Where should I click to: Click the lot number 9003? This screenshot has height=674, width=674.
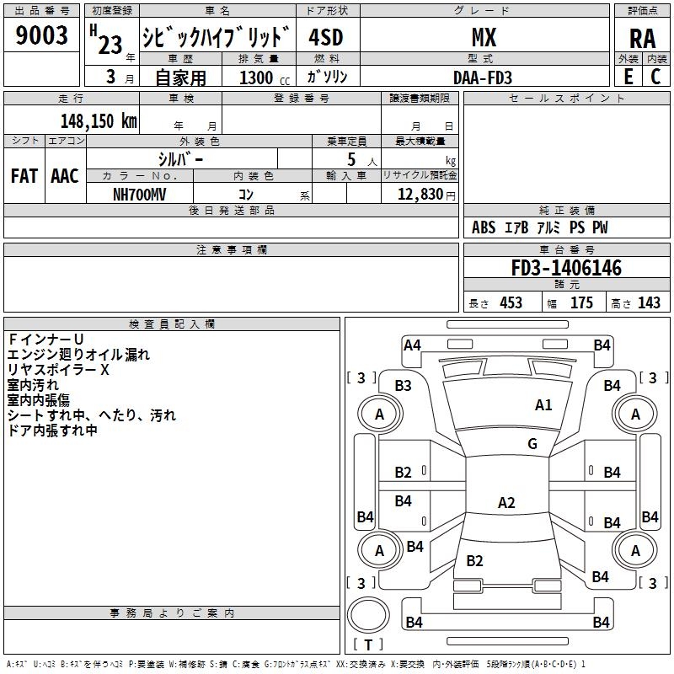click(42, 35)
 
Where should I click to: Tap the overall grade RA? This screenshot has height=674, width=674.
click(642, 38)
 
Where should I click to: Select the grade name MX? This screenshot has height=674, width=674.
click(484, 37)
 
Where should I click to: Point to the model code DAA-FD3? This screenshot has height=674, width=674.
click(483, 78)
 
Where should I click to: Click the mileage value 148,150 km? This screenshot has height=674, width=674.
click(99, 120)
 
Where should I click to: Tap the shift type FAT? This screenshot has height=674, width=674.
click(24, 176)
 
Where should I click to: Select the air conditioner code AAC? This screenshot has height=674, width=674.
click(65, 176)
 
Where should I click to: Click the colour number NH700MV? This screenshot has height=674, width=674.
click(140, 194)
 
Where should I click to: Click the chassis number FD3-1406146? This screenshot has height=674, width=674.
click(566, 268)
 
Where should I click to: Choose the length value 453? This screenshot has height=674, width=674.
click(511, 302)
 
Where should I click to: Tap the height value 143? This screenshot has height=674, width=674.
click(649, 302)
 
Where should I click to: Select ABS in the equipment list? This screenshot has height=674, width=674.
click(484, 227)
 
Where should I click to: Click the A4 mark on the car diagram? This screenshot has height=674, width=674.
click(412, 345)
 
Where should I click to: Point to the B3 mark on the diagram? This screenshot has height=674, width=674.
click(404, 385)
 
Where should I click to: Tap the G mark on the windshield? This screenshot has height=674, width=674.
click(532, 444)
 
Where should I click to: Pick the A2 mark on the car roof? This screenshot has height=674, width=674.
click(506, 503)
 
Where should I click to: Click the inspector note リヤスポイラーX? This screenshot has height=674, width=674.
click(58, 370)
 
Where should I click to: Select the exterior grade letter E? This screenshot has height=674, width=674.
click(628, 77)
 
